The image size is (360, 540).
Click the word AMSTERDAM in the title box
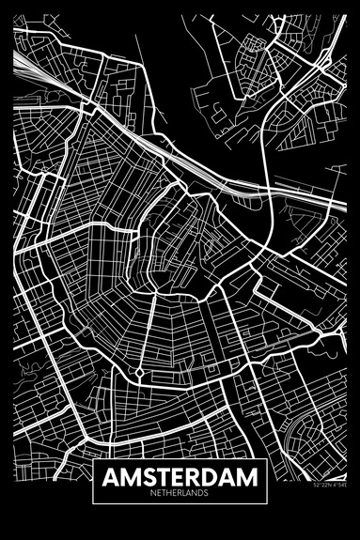pos(180,477)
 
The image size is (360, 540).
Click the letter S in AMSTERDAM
pos(146,477)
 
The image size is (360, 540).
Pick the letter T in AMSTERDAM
pos(161,477)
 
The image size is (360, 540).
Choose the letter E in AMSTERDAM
pos(176,477)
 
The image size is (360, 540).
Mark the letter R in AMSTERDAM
pos(192,477)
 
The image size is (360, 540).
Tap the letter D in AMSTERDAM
pos(210,477)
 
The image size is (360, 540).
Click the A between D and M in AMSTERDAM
pos(227,477)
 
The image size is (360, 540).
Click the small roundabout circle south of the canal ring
pos(140,373)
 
